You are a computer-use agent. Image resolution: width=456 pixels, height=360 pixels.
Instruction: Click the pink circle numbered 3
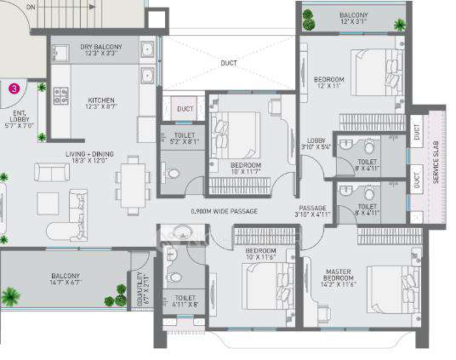14,87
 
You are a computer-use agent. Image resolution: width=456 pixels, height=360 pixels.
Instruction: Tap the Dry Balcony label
101,51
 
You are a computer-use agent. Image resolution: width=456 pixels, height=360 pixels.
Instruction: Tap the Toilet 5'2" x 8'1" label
184,139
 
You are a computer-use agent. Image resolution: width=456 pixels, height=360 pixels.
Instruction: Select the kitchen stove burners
61,96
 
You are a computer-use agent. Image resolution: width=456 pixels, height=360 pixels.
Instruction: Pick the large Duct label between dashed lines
227,63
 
